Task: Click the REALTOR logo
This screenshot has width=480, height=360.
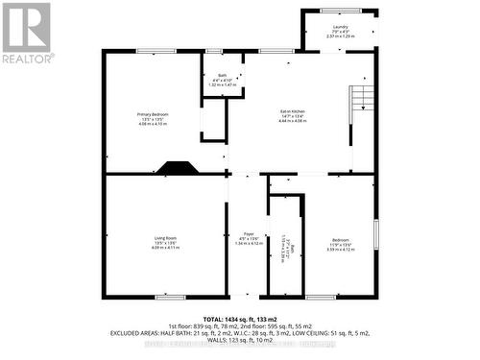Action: [26, 33]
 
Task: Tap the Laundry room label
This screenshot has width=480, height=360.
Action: [340, 27]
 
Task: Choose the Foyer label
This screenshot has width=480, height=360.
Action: [248, 233]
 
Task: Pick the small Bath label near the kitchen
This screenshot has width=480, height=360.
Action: [221, 77]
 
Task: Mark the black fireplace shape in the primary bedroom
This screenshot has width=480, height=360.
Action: [178, 167]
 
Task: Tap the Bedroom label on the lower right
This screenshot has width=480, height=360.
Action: [341, 239]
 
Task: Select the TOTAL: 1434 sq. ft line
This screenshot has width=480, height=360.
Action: [239, 318]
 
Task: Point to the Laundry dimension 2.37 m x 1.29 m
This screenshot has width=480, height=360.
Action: [340, 36]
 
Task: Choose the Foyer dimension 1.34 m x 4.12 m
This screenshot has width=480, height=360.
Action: [248, 244]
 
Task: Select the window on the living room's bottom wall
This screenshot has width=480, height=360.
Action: [169, 297]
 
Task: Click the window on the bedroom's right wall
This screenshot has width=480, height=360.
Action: [375, 236]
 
